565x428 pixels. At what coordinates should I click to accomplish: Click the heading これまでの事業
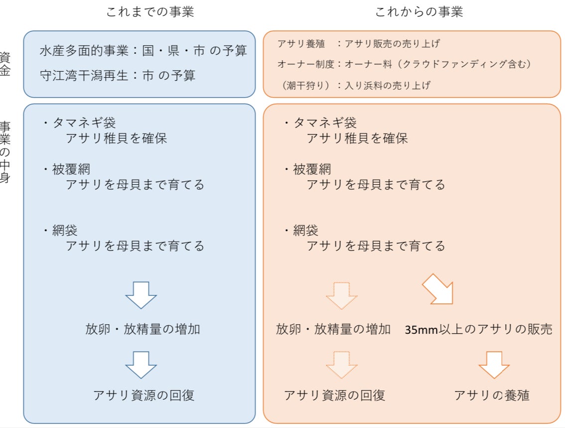pyautogui.click(x=150, y=12)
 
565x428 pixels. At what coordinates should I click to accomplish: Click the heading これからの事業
pyautogui.click(x=419, y=12)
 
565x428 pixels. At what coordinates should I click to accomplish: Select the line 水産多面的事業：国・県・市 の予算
pyautogui.click(x=143, y=50)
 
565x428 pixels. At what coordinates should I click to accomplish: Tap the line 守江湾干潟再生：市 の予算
pyautogui.click(x=118, y=75)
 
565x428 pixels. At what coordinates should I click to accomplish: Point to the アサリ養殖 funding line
pyautogui.click(x=359, y=43)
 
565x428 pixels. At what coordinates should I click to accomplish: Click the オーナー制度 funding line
pyautogui.click(x=404, y=64)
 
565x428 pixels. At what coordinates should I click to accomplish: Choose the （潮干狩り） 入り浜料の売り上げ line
pyautogui.click(x=355, y=85)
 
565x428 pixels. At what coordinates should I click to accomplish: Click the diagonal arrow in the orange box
pyautogui.click(x=438, y=289)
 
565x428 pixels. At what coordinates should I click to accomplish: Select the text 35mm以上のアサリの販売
pyautogui.click(x=478, y=329)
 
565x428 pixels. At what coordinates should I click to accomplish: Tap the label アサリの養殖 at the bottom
pyautogui.click(x=492, y=395)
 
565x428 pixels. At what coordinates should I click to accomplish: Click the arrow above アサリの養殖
pyautogui.click(x=494, y=365)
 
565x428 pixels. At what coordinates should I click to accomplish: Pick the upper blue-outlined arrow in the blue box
pyautogui.click(x=141, y=295)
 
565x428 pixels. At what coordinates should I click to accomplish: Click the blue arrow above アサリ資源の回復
pyautogui.click(x=141, y=365)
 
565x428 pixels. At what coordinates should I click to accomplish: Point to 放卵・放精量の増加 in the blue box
pyautogui.click(x=142, y=329)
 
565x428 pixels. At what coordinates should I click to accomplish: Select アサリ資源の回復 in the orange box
pyautogui.click(x=334, y=395)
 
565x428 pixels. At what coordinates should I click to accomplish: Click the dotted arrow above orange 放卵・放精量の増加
pyautogui.click(x=342, y=296)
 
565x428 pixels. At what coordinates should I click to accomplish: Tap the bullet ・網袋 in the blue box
pyautogui.click(x=60, y=230)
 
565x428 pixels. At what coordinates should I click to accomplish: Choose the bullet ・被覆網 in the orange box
pyautogui.click(x=307, y=169)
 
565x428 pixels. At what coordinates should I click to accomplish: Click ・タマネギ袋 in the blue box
pyautogui.click(x=79, y=123)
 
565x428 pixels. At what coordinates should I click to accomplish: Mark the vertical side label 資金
pyautogui.click(x=4, y=64)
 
